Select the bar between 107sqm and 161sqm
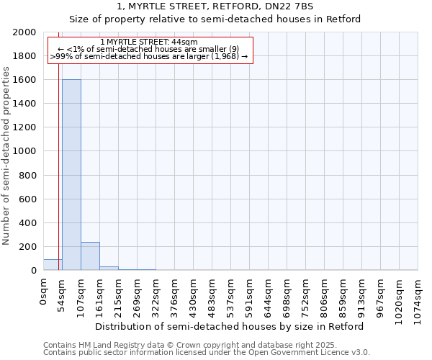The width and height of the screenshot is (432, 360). (x=90, y=256)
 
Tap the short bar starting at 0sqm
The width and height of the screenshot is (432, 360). (x=53, y=265)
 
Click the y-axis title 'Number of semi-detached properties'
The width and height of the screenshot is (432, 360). (x=7, y=155)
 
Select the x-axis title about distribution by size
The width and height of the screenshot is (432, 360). (x=230, y=326)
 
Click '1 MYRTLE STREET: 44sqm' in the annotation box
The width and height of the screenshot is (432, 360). (x=149, y=42)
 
